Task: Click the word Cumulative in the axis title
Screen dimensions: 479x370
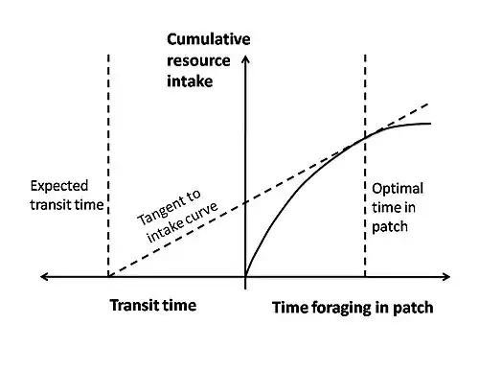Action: [x=209, y=39]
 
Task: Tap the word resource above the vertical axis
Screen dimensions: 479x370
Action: [x=198, y=60]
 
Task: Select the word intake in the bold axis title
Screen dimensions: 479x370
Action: [x=190, y=81]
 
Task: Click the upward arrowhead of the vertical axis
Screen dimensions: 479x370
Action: [x=245, y=59]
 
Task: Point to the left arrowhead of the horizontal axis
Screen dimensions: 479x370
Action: [x=44, y=277]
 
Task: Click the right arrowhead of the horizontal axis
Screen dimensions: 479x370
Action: [x=446, y=277]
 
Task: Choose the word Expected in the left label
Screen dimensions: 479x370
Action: [x=59, y=186]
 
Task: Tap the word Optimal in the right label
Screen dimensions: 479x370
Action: [x=398, y=189]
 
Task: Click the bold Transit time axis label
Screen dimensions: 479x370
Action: [x=153, y=306]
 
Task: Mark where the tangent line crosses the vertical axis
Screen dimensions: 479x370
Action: [x=245, y=203]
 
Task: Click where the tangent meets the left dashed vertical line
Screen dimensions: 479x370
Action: [x=108, y=276]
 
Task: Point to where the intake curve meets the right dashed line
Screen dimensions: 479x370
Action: [x=365, y=138]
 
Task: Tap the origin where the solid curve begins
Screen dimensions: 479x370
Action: [x=245, y=276]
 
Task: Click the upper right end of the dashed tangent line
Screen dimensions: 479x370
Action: [x=427, y=104]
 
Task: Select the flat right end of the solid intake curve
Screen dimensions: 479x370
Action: [x=430, y=124]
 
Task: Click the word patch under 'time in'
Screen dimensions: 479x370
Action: [x=390, y=227]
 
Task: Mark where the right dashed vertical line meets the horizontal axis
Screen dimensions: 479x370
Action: [x=365, y=277]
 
